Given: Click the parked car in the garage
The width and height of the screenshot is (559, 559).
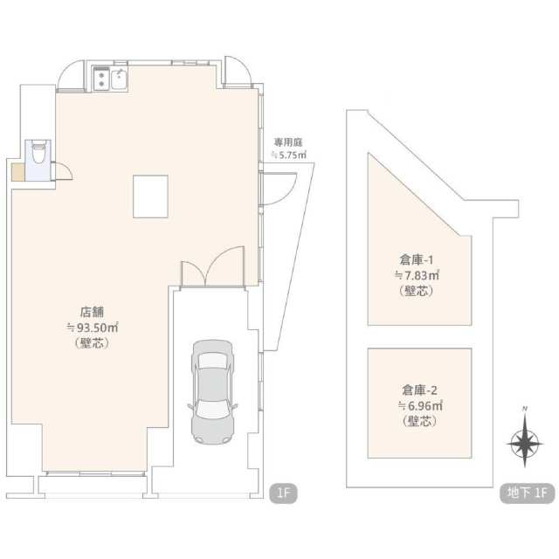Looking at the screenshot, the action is pos(213,392).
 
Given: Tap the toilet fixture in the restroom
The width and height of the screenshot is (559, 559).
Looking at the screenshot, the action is pos(38,152).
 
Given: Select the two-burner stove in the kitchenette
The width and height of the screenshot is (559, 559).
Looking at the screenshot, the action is pos(101,79).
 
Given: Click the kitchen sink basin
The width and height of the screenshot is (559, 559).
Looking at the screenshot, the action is pos(119,79).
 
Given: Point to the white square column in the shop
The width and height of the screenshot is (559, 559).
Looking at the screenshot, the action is pos(150,197).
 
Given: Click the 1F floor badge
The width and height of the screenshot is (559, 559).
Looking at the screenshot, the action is pos(283,493).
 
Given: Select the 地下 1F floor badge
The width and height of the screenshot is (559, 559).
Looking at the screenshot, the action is pos(528,493).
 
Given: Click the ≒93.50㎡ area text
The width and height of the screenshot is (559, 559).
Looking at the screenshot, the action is pos(93,328).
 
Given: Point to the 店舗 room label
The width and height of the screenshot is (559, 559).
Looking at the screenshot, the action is pos(92,312).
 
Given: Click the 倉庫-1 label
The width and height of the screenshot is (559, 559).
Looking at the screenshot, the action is pos(417,260).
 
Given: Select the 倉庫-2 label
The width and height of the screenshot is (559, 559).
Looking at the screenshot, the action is pos(419,390).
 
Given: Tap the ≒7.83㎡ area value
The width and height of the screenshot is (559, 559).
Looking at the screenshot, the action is pos(417,276).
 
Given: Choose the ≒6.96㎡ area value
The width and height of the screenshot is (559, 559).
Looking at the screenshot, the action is pos(420,405).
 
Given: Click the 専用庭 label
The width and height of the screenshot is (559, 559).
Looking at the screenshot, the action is pos(288,142).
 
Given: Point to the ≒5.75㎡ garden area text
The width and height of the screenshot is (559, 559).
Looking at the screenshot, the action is pos(288,155).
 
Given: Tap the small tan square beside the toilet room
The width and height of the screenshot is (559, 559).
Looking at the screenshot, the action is pos(17,172).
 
